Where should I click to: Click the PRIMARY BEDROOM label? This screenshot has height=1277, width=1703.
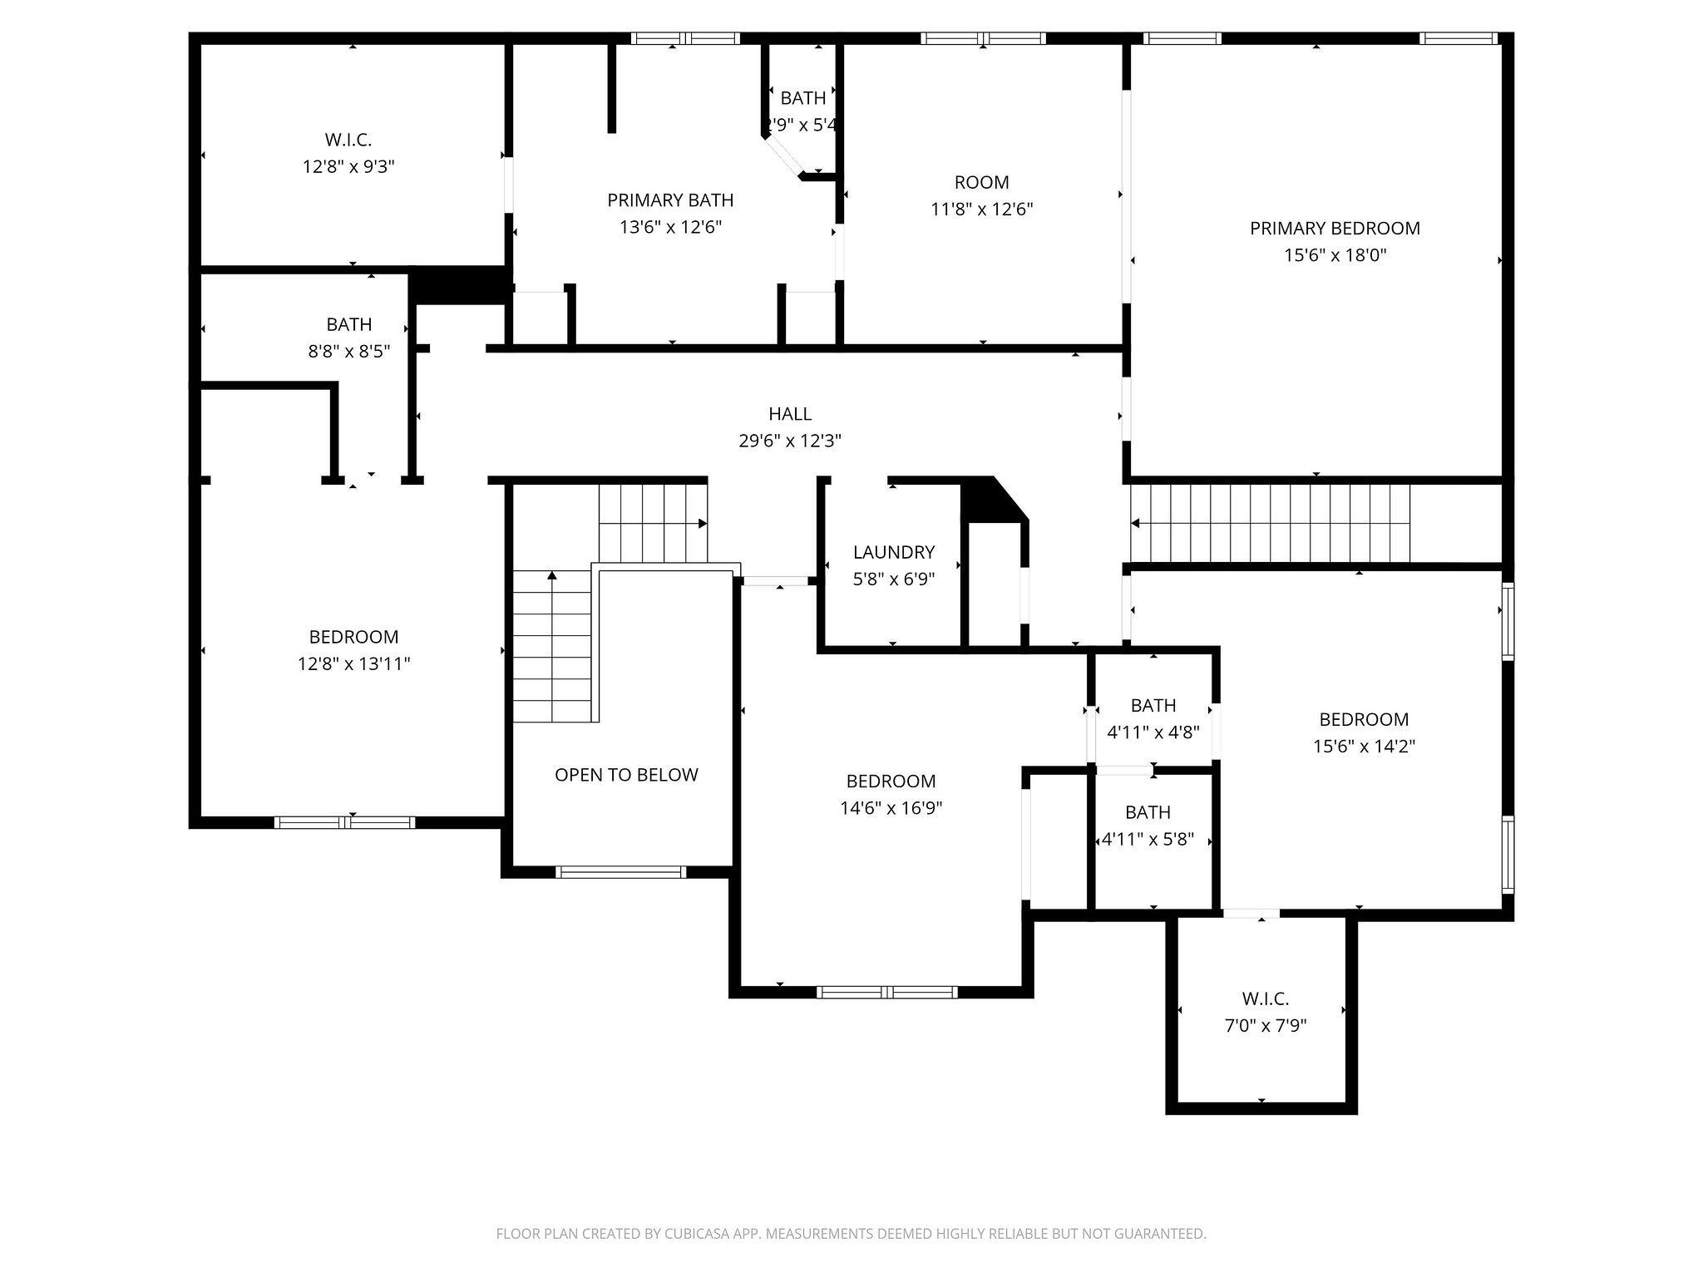(1335, 228)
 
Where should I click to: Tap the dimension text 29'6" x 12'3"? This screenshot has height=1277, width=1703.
(790, 441)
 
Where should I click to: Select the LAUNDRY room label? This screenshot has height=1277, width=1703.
(894, 552)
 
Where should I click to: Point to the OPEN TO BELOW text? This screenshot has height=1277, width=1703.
(626, 775)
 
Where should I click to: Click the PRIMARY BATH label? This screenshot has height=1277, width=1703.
(670, 200)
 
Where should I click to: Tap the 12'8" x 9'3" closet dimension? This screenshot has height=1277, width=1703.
(348, 166)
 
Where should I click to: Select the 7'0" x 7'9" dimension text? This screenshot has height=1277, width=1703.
(1266, 1025)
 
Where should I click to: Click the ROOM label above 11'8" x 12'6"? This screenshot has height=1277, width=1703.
(981, 182)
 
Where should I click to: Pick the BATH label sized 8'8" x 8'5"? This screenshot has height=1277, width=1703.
(348, 324)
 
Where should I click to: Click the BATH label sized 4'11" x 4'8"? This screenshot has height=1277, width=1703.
(1153, 706)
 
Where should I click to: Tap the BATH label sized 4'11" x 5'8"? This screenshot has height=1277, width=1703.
(1148, 812)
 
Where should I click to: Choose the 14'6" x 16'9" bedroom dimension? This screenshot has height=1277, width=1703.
(891, 807)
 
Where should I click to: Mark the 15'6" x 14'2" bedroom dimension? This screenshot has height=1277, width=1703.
(1364, 746)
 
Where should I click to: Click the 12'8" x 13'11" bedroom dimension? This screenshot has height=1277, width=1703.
(354, 663)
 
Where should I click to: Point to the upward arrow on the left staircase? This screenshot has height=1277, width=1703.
(551, 575)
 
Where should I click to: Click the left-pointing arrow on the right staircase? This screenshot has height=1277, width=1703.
(1136, 523)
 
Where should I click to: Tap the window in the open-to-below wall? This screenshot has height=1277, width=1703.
(620, 872)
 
